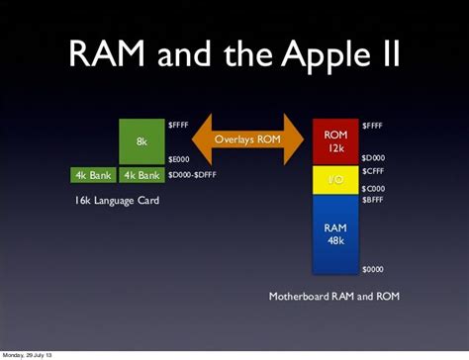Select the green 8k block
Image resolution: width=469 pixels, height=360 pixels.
tap(141, 142)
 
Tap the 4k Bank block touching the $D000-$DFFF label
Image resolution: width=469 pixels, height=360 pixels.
tap(141, 175)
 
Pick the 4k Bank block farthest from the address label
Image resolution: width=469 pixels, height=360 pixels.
tap(93, 175)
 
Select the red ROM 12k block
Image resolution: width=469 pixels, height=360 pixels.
tap(335, 140)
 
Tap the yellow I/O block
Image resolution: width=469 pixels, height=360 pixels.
tap(335, 179)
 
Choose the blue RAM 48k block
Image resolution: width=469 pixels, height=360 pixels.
tap(335, 233)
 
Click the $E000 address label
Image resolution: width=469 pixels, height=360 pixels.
tap(178, 159)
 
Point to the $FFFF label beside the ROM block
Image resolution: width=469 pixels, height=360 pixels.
tap(373, 125)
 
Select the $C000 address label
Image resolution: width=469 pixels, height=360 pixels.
tap(373, 189)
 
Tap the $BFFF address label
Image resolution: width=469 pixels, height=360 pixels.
tap(373, 200)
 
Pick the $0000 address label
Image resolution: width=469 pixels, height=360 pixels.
tap(372, 269)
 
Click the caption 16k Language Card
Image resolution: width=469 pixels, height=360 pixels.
tap(117, 201)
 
